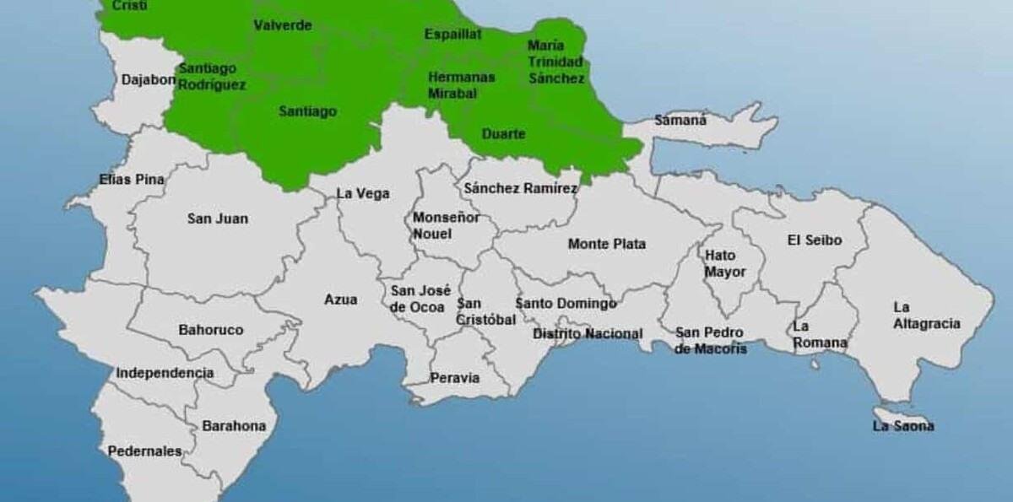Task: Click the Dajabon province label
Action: (x=148, y=80)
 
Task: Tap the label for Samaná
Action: (x=680, y=120)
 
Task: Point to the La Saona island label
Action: (x=903, y=426)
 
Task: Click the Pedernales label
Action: (x=144, y=451)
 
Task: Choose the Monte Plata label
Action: (x=606, y=244)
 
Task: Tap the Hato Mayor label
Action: (x=725, y=263)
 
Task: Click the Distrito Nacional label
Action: (x=588, y=333)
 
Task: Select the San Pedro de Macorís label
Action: (x=711, y=340)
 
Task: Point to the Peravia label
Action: (x=455, y=378)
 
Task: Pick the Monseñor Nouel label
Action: (x=446, y=225)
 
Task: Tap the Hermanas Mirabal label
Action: (x=461, y=84)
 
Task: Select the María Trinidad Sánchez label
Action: (x=555, y=62)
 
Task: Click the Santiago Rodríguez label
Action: (x=212, y=76)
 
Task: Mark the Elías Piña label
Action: (x=132, y=179)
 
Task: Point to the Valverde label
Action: (x=283, y=25)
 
